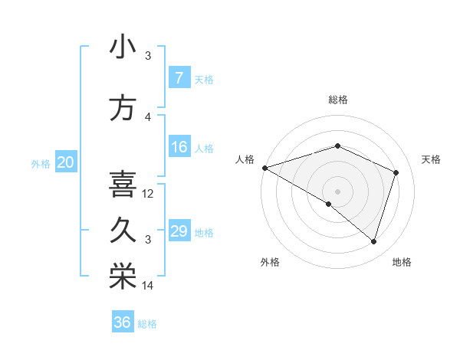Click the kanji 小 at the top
pyautogui.click(x=122, y=47)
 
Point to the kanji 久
pyautogui.click(x=122, y=231)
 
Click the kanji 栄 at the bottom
pyautogui.click(x=122, y=277)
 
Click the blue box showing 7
pyautogui.click(x=179, y=78)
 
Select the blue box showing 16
pyautogui.click(x=179, y=147)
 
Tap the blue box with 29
pyautogui.click(x=179, y=231)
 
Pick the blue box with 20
pyautogui.click(x=66, y=162)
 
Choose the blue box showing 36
pyautogui.click(x=122, y=322)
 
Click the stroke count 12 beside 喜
pyautogui.click(x=149, y=194)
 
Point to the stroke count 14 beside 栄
pyautogui.click(x=149, y=286)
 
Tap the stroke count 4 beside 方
pyautogui.click(x=149, y=117)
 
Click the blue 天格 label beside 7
pyautogui.click(x=204, y=79)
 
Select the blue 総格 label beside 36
pyautogui.click(x=147, y=324)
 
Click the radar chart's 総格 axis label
pyautogui.click(x=337, y=100)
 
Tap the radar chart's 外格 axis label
pyautogui.click(x=270, y=263)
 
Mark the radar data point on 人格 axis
pyautogui.click(x=264, y=167)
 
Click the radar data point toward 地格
pyautogui.click(x=373, y=241)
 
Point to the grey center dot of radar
pyautogui.click(x=337, y=191)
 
